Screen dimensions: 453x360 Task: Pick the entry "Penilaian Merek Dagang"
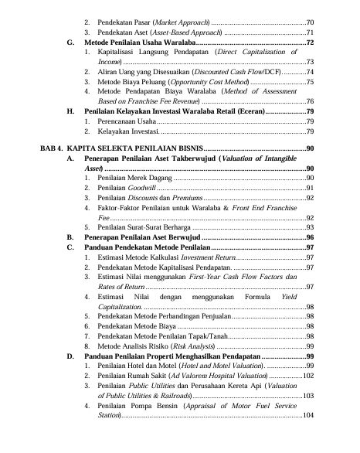coord(131,178)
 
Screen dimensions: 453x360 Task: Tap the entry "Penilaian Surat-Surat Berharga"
coord(141,227)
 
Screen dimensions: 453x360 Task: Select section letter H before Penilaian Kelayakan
coord(71,111)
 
